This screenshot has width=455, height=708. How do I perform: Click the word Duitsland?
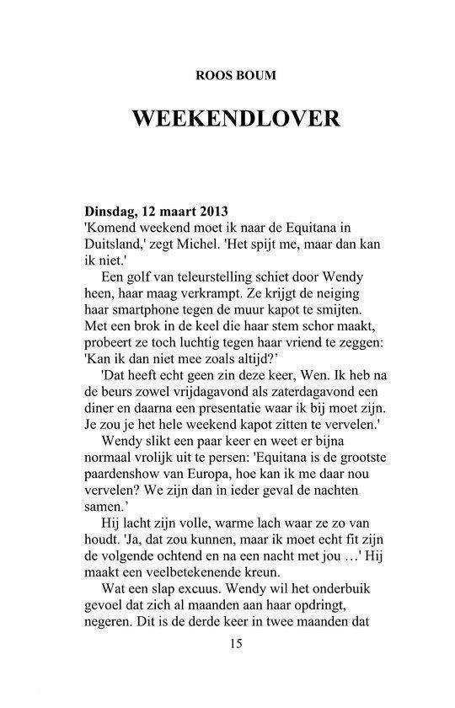tap(117, 244)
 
